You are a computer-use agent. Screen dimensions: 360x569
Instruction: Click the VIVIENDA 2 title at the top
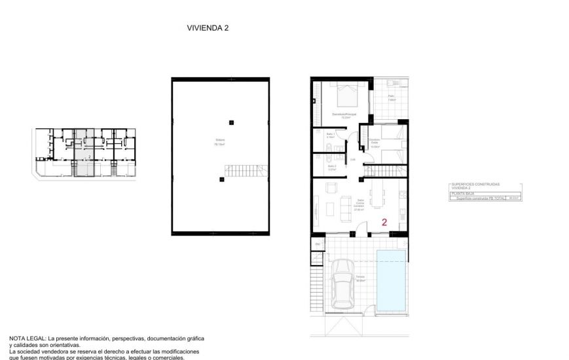[208, 28]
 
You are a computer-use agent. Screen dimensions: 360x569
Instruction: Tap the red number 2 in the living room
[384, 222]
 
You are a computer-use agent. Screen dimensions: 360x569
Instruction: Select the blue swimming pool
[391, 279]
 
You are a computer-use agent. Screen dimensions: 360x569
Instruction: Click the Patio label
[391, 97]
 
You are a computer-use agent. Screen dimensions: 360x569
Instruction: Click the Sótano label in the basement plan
[220, 143]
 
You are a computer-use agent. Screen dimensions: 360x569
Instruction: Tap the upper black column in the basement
[230, 122]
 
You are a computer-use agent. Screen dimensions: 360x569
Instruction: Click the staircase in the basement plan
[247, 171]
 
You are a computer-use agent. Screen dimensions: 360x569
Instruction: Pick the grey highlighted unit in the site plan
[83, 154]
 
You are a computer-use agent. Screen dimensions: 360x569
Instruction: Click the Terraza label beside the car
[359, 278]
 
